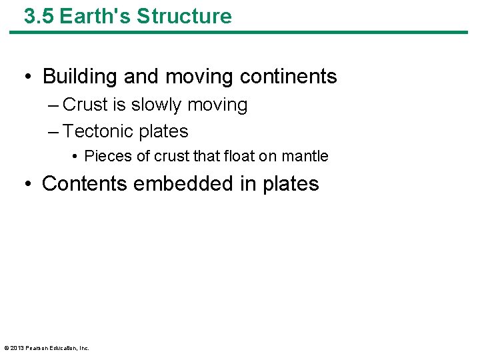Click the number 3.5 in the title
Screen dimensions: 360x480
[39, 16]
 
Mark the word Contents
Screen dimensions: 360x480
[85, 183]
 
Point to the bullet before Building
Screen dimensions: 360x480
[28, 77]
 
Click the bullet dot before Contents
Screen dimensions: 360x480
[28, 184]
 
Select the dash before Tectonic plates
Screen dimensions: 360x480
[53, 132]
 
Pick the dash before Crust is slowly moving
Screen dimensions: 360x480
[53, 105]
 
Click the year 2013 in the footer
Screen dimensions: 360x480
[17, 348]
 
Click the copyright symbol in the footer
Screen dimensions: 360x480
[6, 348]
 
